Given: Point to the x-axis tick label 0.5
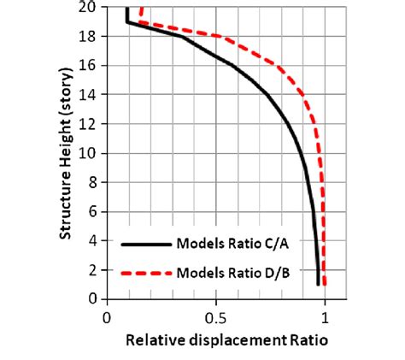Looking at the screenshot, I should (x=216, y=317).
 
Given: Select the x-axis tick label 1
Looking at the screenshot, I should (x=325, y=317).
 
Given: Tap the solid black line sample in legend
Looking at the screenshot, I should (x=145, y=244).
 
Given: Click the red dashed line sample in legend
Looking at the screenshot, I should (x=145, y=274).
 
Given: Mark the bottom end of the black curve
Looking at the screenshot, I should (x=318, y=284).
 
